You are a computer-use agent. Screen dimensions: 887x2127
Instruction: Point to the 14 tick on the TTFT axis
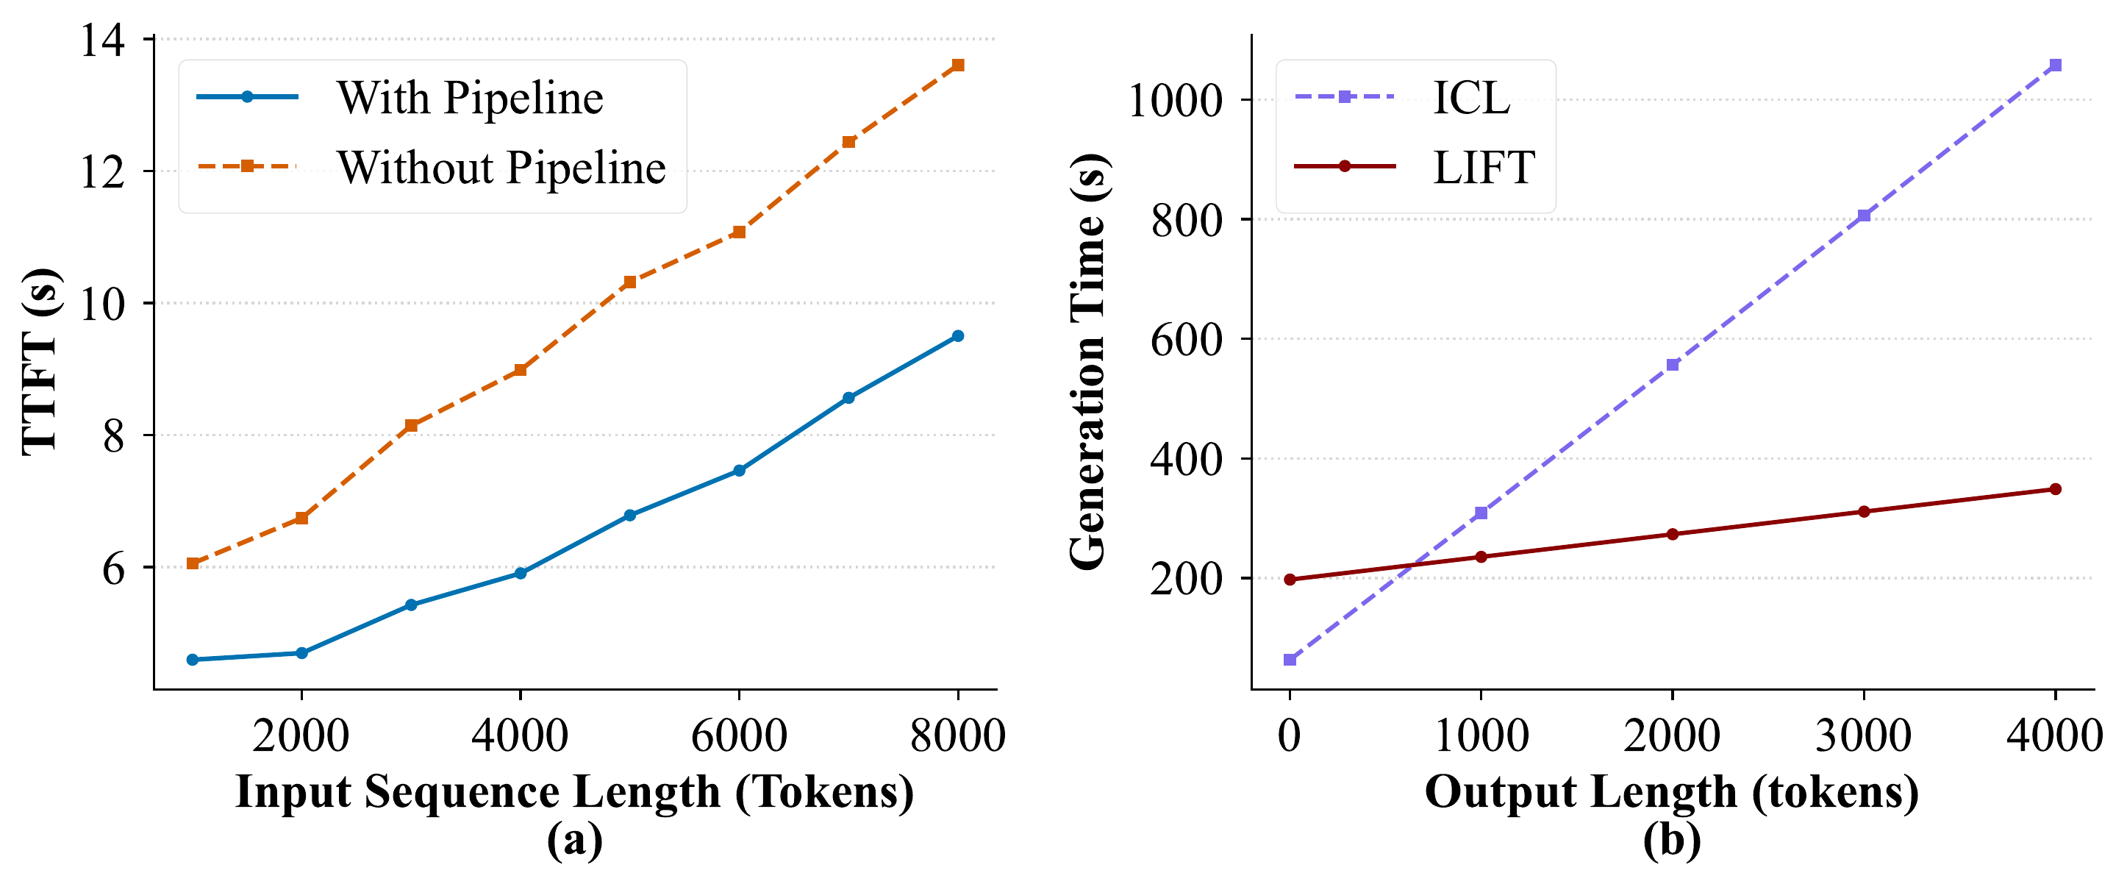[x=102, y=40]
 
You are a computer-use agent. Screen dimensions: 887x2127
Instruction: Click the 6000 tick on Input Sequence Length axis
[x=739, y=734]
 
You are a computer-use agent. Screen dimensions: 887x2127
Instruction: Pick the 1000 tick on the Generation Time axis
[x=1174, y=101]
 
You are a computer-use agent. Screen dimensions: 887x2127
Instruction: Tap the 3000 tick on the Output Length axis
[x=1864, y=734]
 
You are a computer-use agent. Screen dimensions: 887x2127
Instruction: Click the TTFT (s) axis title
[x=40, y=362]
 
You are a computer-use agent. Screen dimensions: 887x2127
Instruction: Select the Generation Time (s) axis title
[x=1088, y=362]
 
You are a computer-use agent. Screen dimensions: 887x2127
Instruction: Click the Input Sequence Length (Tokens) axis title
[x=575, y=791]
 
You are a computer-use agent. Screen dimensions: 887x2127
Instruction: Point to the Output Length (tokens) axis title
[x=1672, y=791]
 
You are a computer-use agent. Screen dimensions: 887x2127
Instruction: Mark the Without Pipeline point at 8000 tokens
[x=958, y=65]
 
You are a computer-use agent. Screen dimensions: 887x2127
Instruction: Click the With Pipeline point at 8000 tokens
[x=958, y=336]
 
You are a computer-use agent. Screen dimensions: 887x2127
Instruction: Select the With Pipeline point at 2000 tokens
[x=301, y=653]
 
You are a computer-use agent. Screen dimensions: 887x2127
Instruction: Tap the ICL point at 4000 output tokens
[x=2056, y=65]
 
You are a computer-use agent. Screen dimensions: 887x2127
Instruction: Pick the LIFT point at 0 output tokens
[x=1290, y=580]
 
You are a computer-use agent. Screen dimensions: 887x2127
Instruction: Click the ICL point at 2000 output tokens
[x=1673, y=365]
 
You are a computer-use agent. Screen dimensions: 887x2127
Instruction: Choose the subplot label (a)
[x=575, y=841]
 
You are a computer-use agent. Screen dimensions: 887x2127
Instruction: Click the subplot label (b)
[x=1672, y=841]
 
